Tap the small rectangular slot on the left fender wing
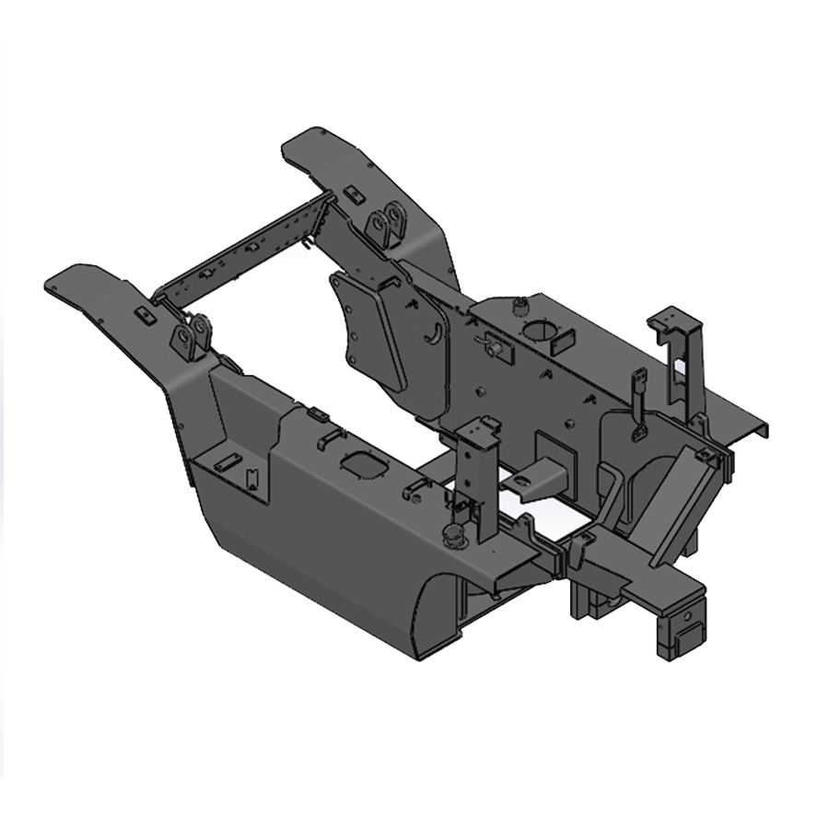click(x=143, y=315)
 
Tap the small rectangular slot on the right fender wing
click(x=351, y=193)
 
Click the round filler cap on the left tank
click(x=453, y=533)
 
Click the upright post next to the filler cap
click(x=479, y=470)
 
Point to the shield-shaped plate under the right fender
click(x=368, y=332)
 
